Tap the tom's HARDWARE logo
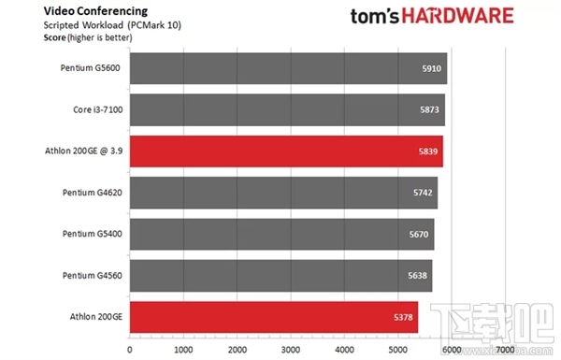point(431,16)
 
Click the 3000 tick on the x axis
point(292,349)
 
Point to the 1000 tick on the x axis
point(183,349)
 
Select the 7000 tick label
point(505,349)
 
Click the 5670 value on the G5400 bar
point(420,234)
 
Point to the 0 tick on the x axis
point(129,349)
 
